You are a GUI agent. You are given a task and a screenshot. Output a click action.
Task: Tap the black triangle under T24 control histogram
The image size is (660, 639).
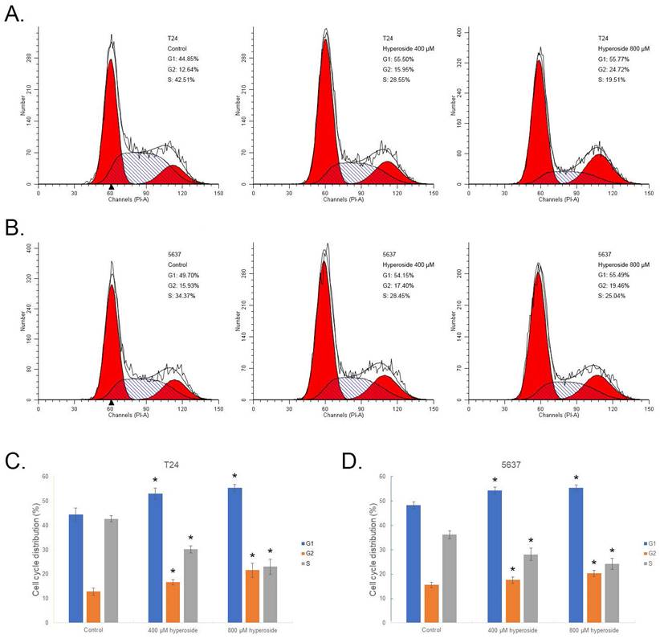[111, 187]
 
